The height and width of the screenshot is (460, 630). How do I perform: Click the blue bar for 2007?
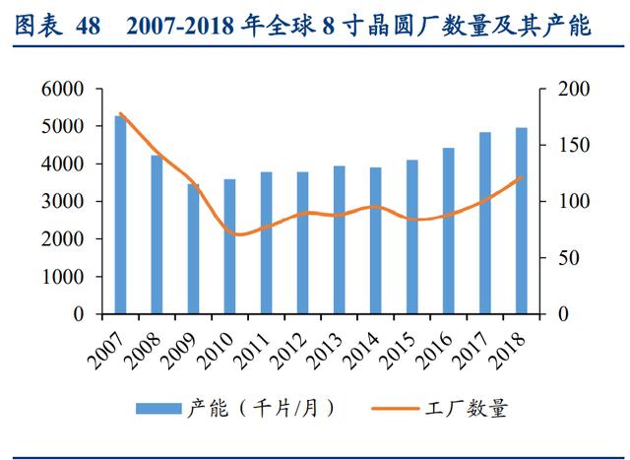[120, 215]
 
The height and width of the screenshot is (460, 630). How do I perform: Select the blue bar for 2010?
[229, 246]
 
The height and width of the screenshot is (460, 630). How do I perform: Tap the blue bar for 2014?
[376, 240]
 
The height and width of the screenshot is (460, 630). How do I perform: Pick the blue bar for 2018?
[522, 221]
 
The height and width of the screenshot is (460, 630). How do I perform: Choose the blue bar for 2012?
[302, 243]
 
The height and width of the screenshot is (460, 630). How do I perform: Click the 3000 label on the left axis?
[63, 201]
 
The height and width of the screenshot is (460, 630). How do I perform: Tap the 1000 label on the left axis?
[63, 276]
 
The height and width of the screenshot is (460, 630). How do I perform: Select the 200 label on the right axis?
[574, 89]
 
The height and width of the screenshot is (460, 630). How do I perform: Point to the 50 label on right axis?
[569, 257]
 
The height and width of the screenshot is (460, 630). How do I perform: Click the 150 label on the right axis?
[574, 145]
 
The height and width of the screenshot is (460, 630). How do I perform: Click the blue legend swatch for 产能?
[158, 409]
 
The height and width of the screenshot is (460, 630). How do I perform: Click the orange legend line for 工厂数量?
[396, 409]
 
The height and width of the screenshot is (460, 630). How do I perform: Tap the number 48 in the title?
[88, 27]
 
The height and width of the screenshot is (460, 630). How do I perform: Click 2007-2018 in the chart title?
[179, 27]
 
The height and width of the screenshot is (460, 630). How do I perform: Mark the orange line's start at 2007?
[120, 114]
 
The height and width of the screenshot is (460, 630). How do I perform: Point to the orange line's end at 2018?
[522, 177]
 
